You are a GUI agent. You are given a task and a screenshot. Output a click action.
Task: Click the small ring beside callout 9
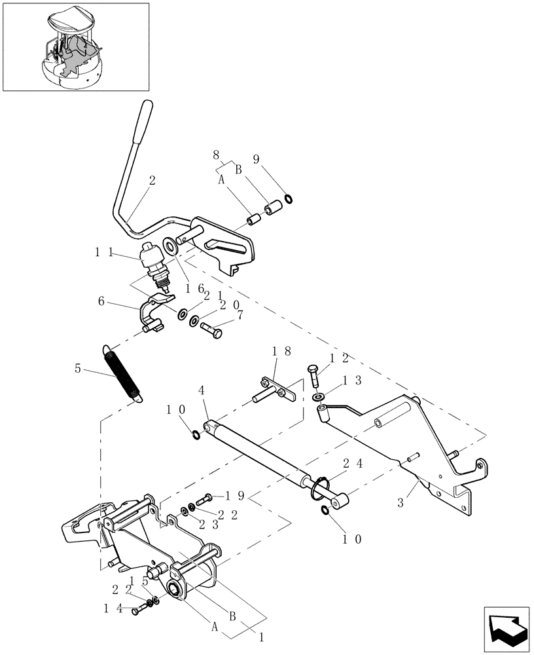pyautogui.click(x=288, y=198)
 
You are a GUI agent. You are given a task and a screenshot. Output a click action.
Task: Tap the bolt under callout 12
pyautogui.click(x=313, y=376)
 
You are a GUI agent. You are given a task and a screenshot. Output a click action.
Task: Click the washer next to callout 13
pyautogui.click(x=318, y=397)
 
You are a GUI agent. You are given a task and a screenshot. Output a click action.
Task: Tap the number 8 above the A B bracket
pyautogui.click(x=216, y=155)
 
